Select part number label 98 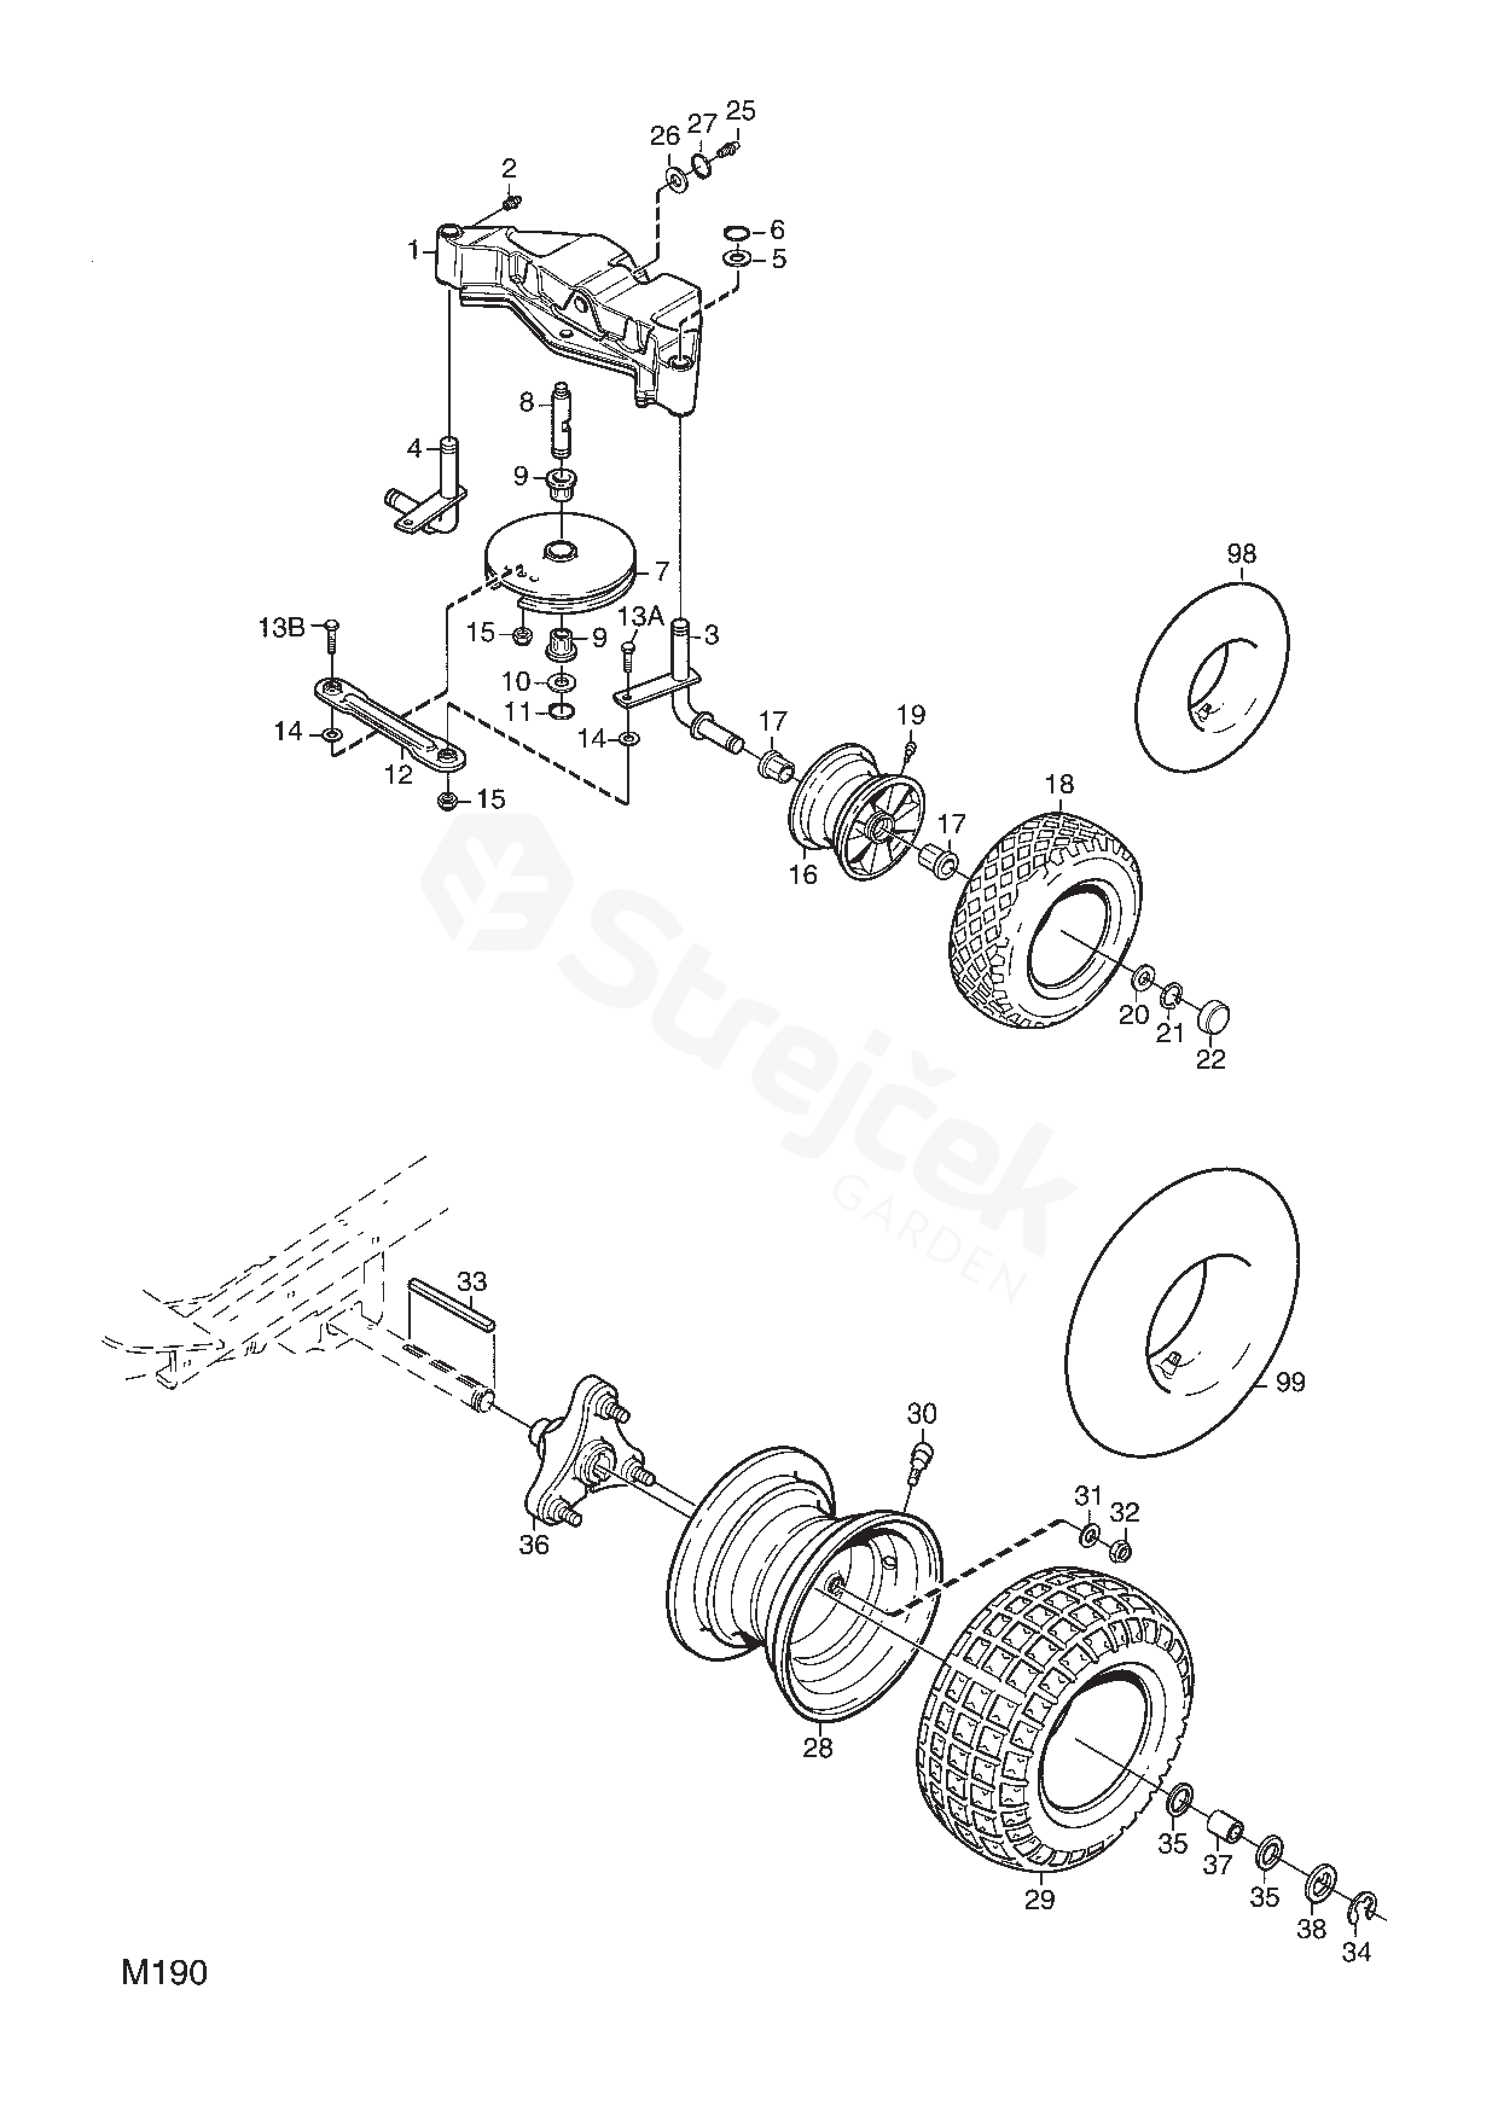[x=1241, y=555]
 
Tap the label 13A [x=641, y=616]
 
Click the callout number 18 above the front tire [x=1061, y=784]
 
